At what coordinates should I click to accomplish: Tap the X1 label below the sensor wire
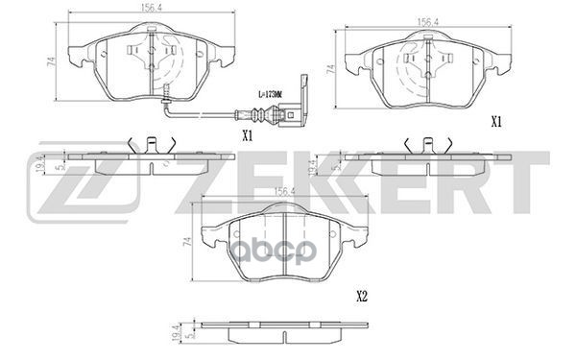pos(247,135)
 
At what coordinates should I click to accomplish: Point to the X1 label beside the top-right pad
pos(496,122)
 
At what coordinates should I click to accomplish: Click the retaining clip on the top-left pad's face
pos(153,52)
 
